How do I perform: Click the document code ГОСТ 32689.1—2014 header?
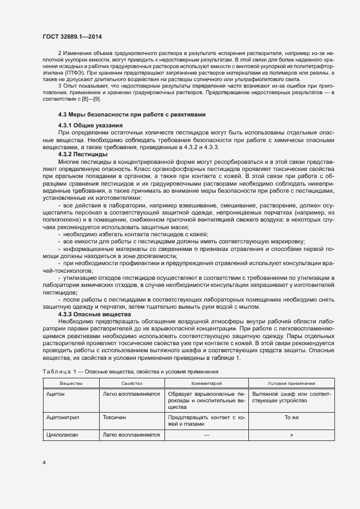[x=72, y=37]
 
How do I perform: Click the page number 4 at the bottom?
[x=44, y=463]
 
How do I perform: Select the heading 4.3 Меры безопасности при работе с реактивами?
[x=132, y=115]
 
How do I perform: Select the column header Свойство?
[x=132, y=384]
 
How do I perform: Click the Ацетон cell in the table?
[x=57, y=393]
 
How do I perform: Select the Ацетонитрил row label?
[x=64, y=418]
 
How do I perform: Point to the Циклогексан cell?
[x=64, y=435]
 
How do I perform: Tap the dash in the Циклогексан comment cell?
[x=206, y=435]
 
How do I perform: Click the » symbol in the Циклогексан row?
[x=291, y=435]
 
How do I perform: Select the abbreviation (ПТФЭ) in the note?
[x=75, y=72]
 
